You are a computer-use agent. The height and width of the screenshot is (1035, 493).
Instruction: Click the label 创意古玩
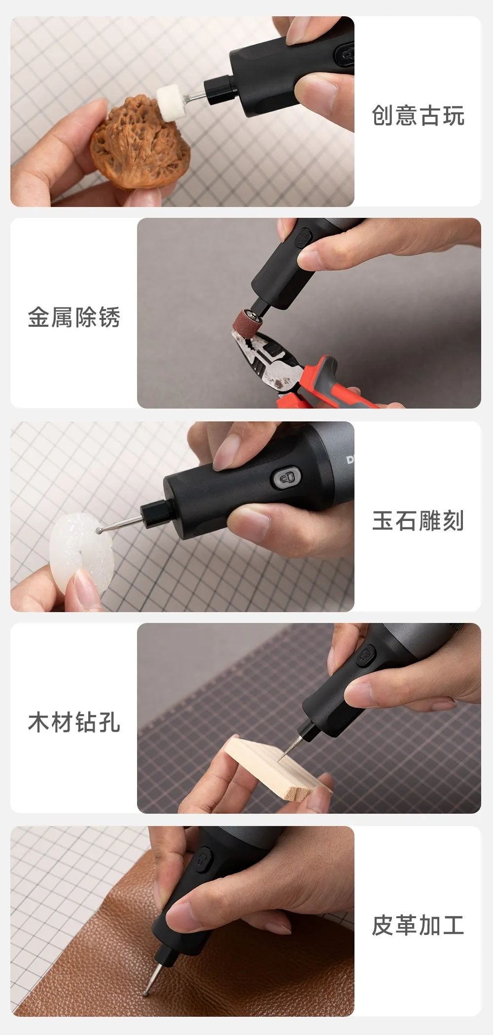(x=418, y=116)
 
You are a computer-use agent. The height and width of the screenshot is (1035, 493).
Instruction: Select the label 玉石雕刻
(x=418, y=520)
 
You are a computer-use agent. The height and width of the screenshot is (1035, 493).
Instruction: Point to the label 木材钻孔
(x=74, y=723)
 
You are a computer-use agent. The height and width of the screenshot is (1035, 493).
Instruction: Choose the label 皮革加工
(x=418, y=925)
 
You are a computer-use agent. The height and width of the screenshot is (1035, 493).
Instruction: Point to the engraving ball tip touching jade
(x=100, y=530)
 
